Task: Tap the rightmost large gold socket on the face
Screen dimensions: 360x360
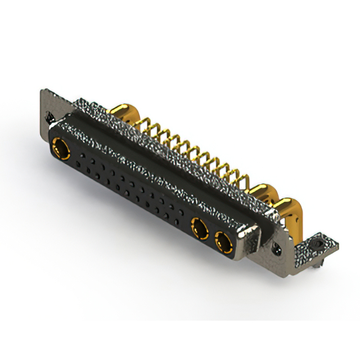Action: click(x=223, y=244)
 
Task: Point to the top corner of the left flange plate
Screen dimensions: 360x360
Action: click(x=42, y=90)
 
